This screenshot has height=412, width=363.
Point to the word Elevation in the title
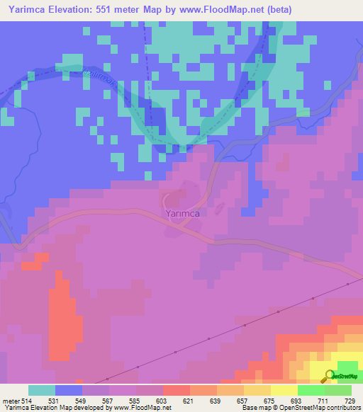pyautogui.click(x=79, y=10)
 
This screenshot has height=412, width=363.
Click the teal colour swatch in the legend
pyautogui.click(x=42, y=390)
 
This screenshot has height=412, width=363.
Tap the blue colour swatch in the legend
pyautogui.click(x=69, y=390)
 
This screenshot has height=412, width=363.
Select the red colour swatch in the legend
pyautogui.click(x=177, y=390)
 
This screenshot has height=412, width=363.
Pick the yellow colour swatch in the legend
pyautogui.click(x=284, y=390)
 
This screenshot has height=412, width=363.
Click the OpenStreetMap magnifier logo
pyautogui.click(x=330, y=376)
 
